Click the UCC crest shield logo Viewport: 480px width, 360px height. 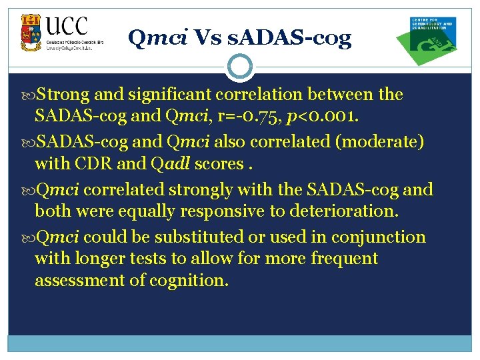click(x=31, y=33)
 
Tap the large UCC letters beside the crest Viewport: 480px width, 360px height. click(x=67, y=27)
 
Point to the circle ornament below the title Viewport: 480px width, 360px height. click(x=239, y=66)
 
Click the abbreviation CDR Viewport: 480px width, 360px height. click(x=107, y=163)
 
